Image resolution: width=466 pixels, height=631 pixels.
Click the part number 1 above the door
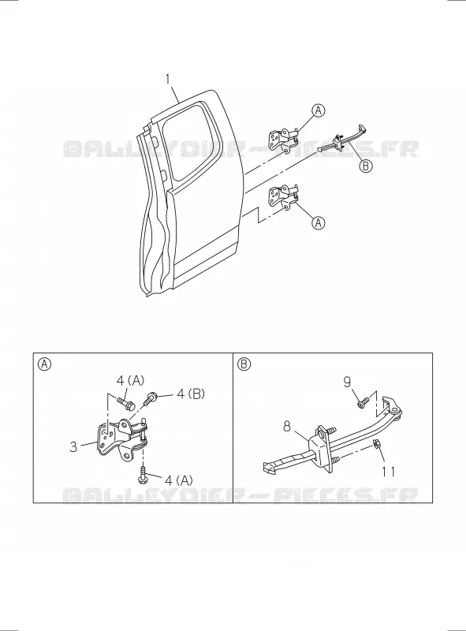tap(168, 80)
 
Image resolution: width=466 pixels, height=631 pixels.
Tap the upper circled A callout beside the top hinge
tap(319, 110)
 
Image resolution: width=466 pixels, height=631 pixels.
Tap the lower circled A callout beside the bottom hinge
tap(319, 222)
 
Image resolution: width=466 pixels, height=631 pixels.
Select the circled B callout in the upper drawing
tap(365, 166)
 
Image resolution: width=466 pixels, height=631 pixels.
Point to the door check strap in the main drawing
tap(342, 140)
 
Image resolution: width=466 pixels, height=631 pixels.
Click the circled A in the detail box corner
tap(44, 364)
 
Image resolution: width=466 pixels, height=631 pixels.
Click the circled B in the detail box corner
tap(244, 364)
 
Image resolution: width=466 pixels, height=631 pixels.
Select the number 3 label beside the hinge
tap(73, 446)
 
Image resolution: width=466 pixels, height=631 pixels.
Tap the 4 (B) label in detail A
tap(191, 394)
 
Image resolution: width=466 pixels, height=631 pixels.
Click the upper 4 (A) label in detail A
tap(130, 380)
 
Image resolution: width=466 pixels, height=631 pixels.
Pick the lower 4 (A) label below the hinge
tap(178, 480)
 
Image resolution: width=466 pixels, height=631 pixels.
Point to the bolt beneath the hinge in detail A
tap(142, 476)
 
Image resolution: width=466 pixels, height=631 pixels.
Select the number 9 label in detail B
tap(347, 382)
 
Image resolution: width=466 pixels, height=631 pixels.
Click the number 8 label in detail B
tap(286, 426)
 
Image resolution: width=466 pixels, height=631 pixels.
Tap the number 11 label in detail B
tap(388, 471)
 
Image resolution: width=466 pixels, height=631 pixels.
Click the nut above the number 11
tap(377, 444)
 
